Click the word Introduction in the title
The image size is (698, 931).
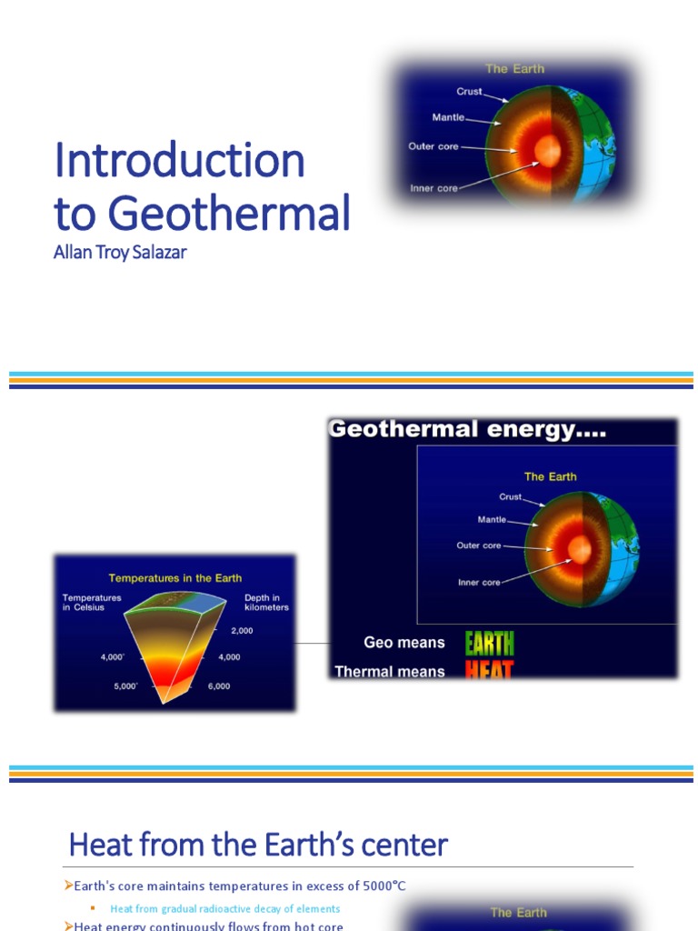(x=179, y=161)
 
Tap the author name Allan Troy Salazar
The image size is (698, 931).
(x=120, y=253)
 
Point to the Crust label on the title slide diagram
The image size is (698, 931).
(x=469, y=92)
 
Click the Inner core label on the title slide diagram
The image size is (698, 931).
(x=434, y=188)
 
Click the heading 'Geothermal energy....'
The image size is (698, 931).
(x=467, y=430)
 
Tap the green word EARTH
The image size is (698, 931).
(x=490, y=644)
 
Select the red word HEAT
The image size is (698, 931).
(x=490, y=672)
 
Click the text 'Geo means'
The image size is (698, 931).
(x=404, y=643)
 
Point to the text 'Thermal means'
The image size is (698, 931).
(x=390, y=672)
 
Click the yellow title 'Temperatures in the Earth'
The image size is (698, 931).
(x=175, y=577)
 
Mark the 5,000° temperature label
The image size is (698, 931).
(x=125, y=686)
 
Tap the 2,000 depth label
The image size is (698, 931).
(x=241, y=630)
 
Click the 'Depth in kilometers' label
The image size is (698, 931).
(x=266, y=603)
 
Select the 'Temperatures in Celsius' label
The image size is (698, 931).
(x=92, y=603)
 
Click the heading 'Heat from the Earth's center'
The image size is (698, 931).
(x=258, y=846)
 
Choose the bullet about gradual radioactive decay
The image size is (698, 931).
(x=224, y=908)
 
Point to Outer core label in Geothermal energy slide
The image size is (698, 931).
(x=478, y=546)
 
